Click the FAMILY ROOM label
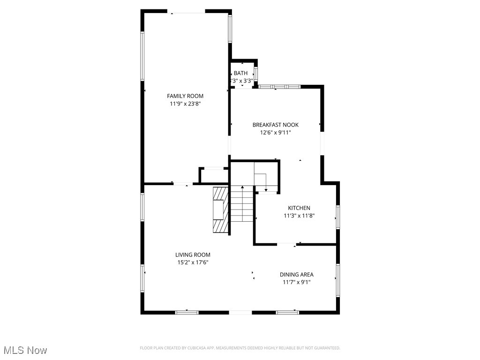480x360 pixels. (x=185, y=96)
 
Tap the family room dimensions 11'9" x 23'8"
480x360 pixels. (x=185, y=104)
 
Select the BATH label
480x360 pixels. (x=240, y=73)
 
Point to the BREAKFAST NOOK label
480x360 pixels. (x=275, y=125)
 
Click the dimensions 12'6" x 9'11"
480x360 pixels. (x=275, y=133)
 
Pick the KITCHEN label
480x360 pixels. (x=299, y=208)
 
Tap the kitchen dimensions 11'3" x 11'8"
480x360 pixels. (x=299, y=216)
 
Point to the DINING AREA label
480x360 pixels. (x=296, y=275)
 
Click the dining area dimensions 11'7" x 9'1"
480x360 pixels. (x=296, y=283)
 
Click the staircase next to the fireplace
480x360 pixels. (x=242, y=205)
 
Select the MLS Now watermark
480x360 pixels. (x=25, y=350)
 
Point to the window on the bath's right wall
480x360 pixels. (x=255, y=75)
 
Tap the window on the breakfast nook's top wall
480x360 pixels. (x=280, y=87)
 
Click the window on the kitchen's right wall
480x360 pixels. (x=337, y=217)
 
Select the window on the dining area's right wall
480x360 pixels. (x=337, y=280)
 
